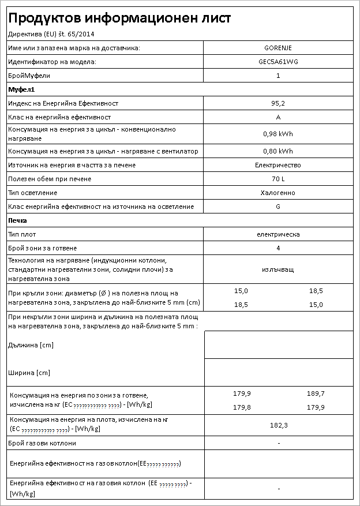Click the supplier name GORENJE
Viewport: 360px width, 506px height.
point(278,48)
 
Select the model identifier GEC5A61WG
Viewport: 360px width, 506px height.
point(278,62)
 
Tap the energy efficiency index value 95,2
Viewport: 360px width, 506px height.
point(278,103)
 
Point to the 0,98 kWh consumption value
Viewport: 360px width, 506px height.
point(278,134)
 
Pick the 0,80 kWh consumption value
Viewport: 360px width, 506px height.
point(278,151)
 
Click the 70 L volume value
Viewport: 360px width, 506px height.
point(278,179)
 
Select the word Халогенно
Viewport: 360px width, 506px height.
point(278,193)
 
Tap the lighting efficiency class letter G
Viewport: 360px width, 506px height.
point(278,207)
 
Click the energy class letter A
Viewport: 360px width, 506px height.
point(278,117)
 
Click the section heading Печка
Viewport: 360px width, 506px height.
point(18,220)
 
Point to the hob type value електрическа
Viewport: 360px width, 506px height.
point(278,234)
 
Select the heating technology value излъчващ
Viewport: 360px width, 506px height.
point(278,269)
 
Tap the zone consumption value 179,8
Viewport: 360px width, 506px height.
point(242,407)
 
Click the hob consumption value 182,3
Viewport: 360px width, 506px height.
point(278,425)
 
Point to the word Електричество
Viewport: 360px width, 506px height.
point(278,165)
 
